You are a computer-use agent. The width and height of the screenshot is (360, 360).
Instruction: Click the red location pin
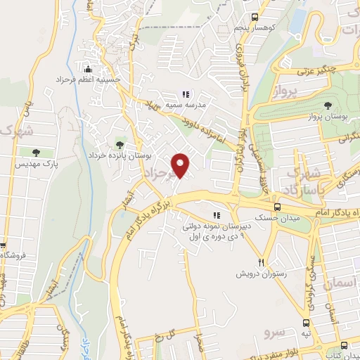point(181,165)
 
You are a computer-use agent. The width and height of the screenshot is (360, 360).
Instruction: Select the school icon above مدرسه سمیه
point(186,94)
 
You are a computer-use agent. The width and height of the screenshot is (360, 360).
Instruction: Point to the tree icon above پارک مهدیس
point(34,152)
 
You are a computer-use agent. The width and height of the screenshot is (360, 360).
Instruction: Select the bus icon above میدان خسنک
point(277,207)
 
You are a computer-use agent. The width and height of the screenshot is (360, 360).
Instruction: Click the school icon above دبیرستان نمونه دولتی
point(217,216)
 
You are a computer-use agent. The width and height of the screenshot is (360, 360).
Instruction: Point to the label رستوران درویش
point(262,271)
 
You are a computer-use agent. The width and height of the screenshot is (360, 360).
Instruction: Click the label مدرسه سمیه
point(186,106)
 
